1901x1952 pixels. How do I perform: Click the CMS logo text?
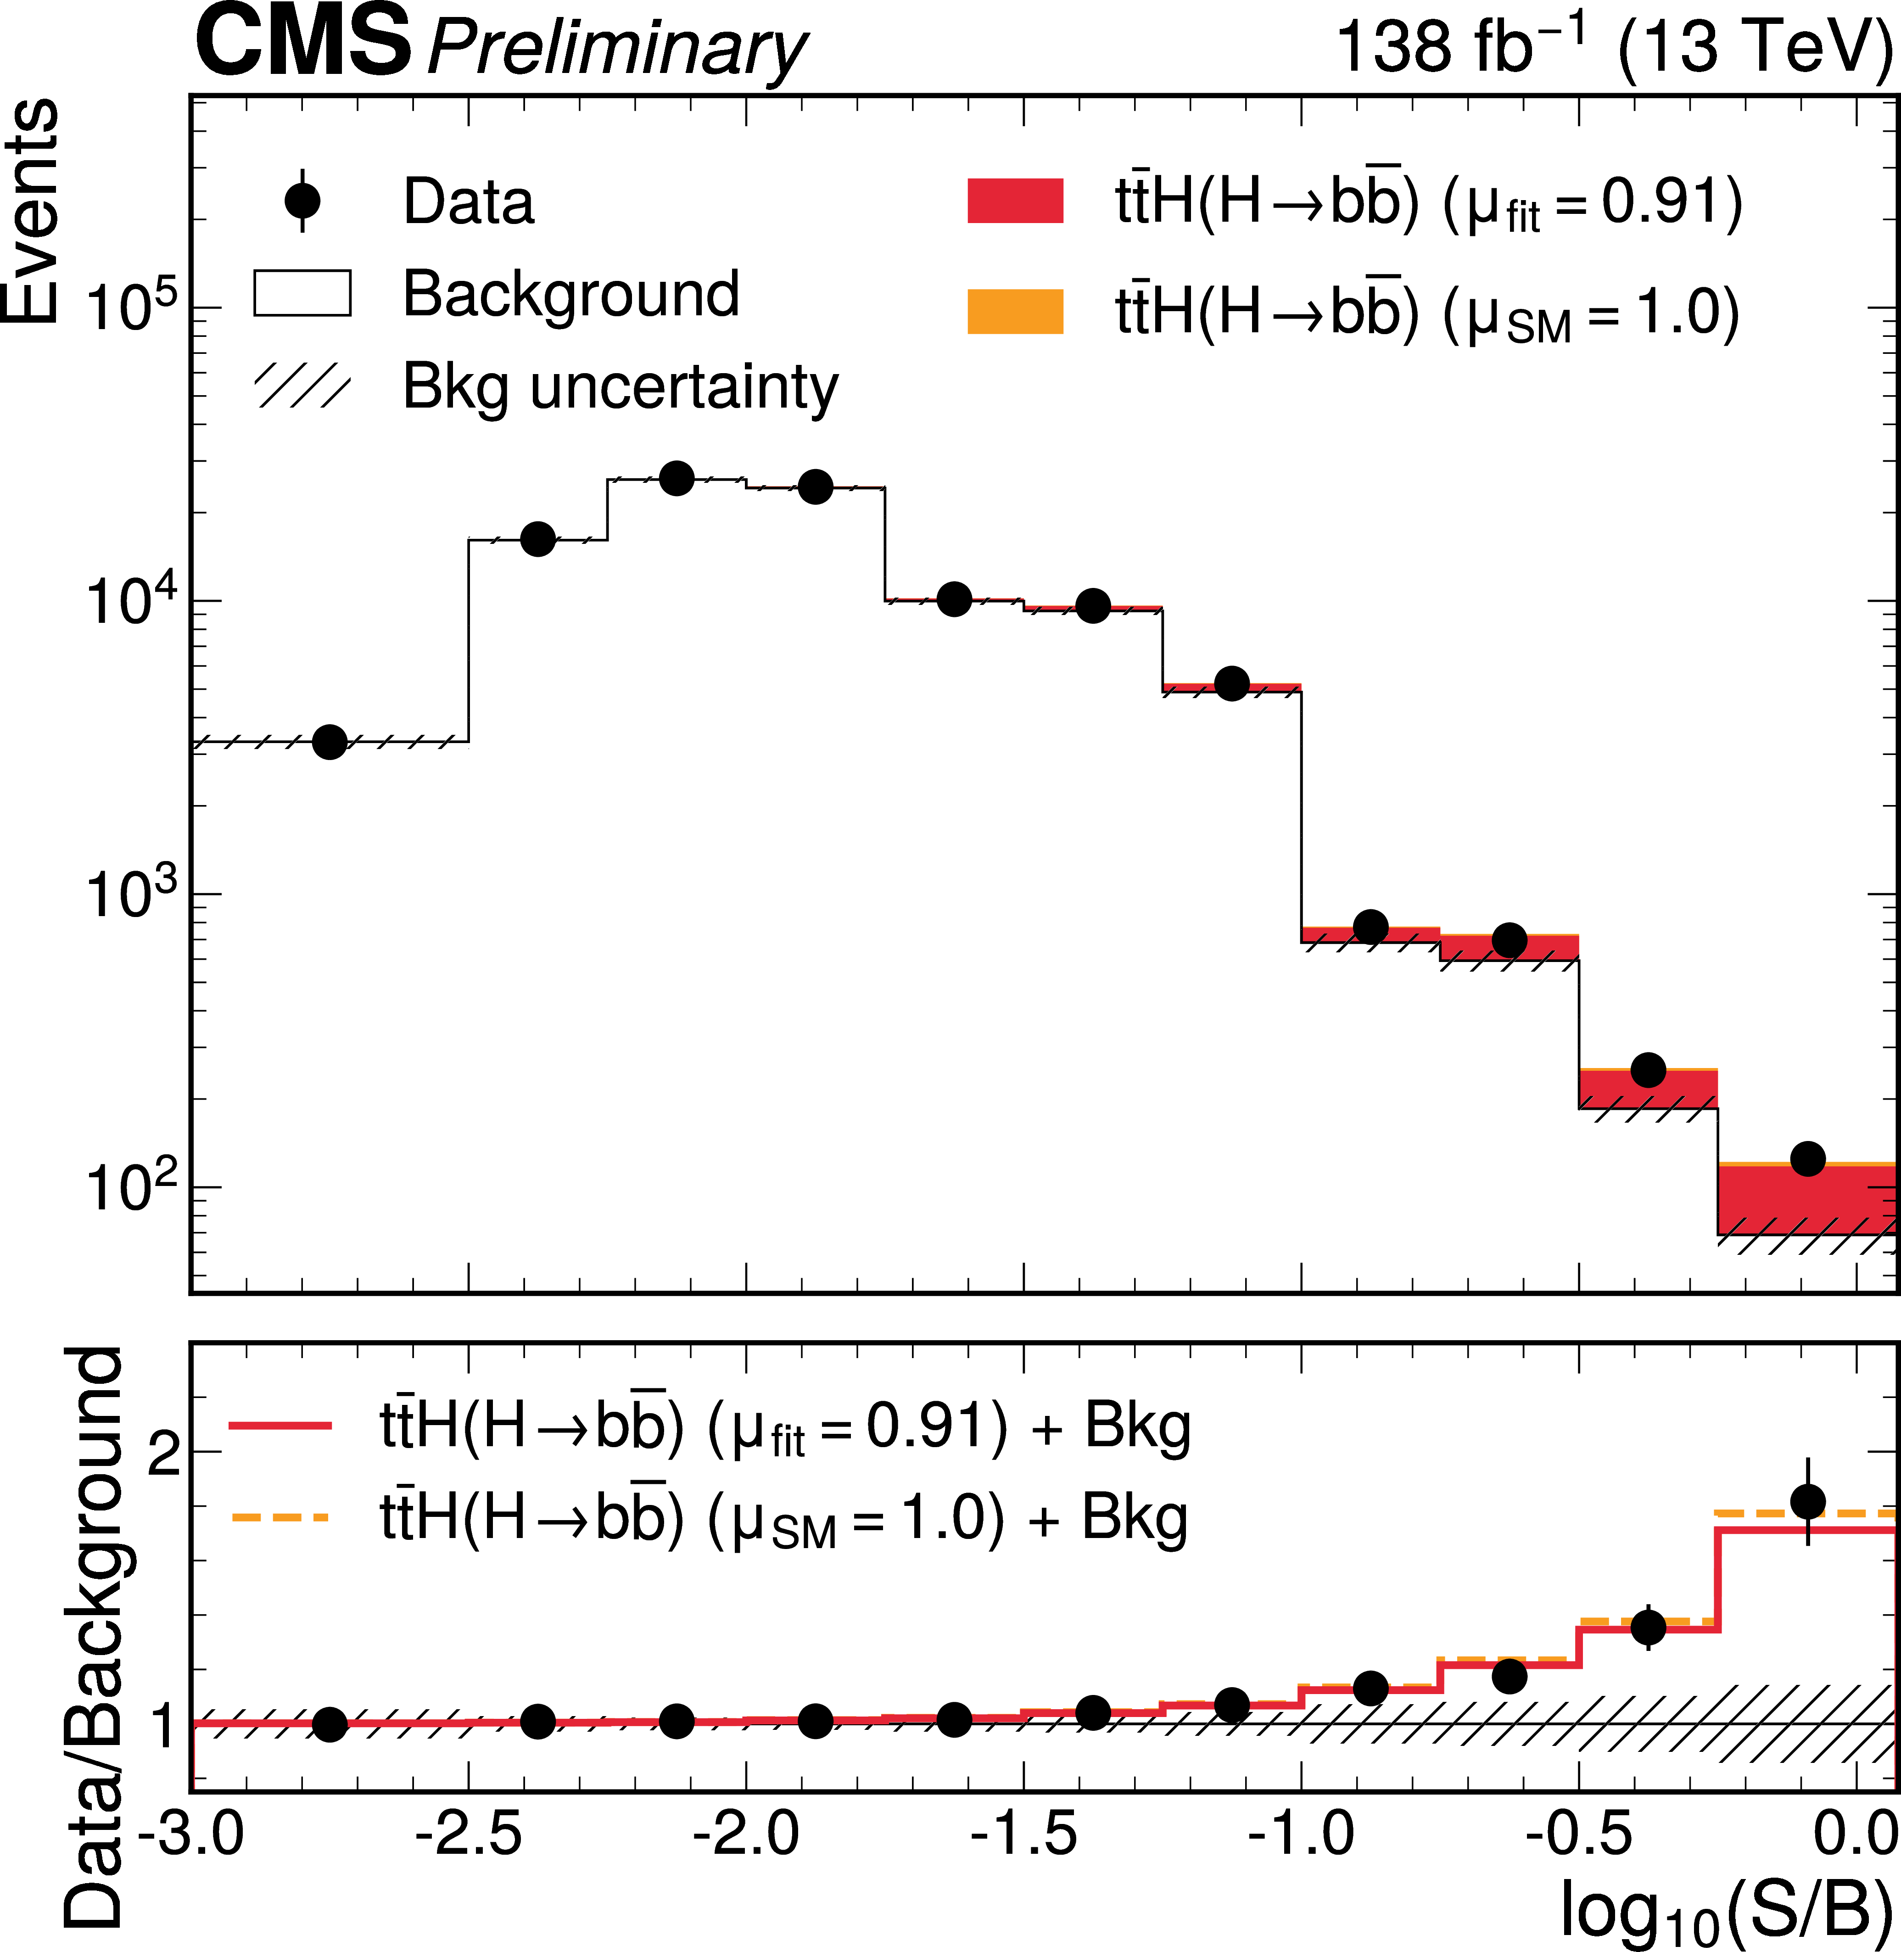click(302, 42)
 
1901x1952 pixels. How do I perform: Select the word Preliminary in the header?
click(616, 48)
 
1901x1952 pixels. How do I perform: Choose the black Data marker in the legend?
click(302, 201)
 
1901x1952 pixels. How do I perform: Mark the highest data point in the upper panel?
click(677, 478)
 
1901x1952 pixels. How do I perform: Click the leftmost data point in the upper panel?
click(330, 742)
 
